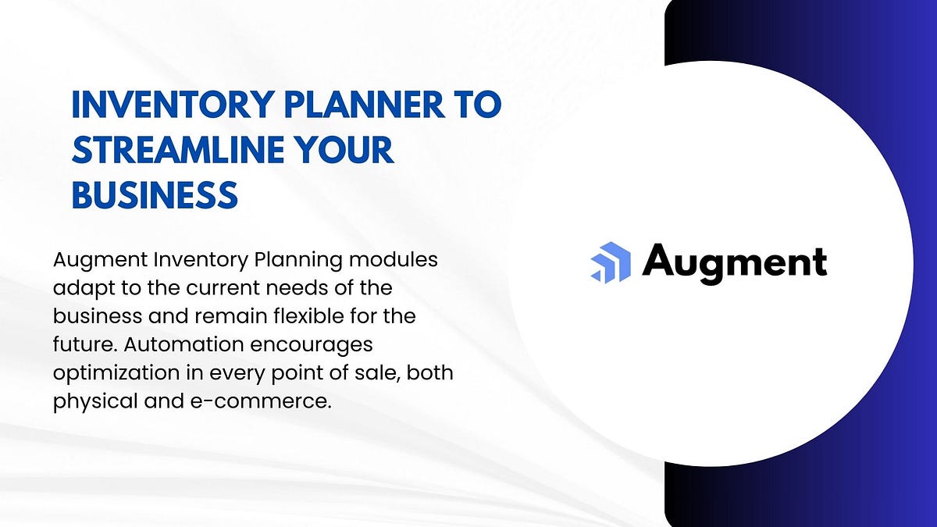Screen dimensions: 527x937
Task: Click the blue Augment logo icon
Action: point(610,262)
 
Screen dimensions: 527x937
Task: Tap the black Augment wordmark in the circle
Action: point(734,262)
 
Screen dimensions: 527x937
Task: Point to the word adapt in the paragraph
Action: point(76,288)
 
